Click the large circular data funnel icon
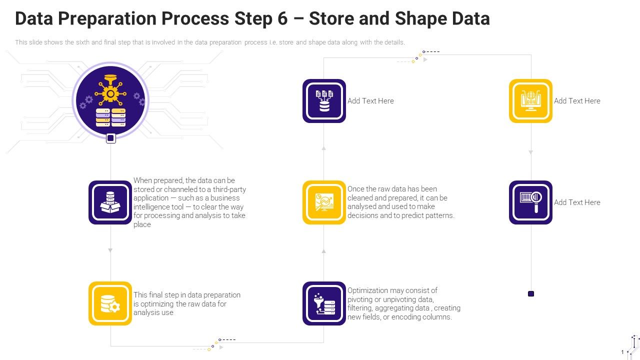pyautogui.click(x=110, y=99)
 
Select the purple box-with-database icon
pyautogui.click(x=110, y=202)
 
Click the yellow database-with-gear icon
pyautogui.click(x=110, y=303)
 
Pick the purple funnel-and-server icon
pyautogui.click(x=324, y=303)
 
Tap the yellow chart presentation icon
pyautogui.click(x=324, y=202)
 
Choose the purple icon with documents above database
pyautogui.click(x=324, y=101)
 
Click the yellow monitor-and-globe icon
pyautogui.click(x=530, y=101)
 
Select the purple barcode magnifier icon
pyautogui.click(x=530, y=202)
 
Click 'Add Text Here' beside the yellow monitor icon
pyautogui.click(x=577, y=101)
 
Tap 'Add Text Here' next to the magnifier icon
pyautogui.click(x=577, y=202)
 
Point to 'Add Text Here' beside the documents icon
pyautogui.click(x=370, y=101)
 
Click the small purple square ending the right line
pyautogui.click(x=531, y=294)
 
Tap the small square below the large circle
pyautogui.click(x=111, y=138)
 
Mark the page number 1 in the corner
pyautogui.click(x=622, y=352)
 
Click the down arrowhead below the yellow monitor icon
pyautogui.click(x=531, y=152)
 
